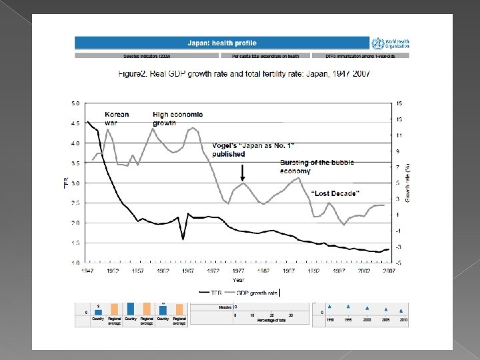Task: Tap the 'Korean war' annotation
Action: click(x=117, y=118)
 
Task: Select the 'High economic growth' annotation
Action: click(x=177, y=118)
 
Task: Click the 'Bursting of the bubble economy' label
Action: click(x=317, y=167)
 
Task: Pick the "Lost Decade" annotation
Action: click(x=336, y=193)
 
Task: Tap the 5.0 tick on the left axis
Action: click(x=75, y=103)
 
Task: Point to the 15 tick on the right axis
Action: click(x=399, y=103)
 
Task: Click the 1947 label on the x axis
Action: click(x=87, y=271)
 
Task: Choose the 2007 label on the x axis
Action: click(x=389, y=271)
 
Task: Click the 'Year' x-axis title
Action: click(x=238, y=279)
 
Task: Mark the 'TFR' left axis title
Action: click(x=65, y=183)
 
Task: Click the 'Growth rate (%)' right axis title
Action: click(x=407, y=183)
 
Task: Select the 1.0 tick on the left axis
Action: click(x=75, y=263)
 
